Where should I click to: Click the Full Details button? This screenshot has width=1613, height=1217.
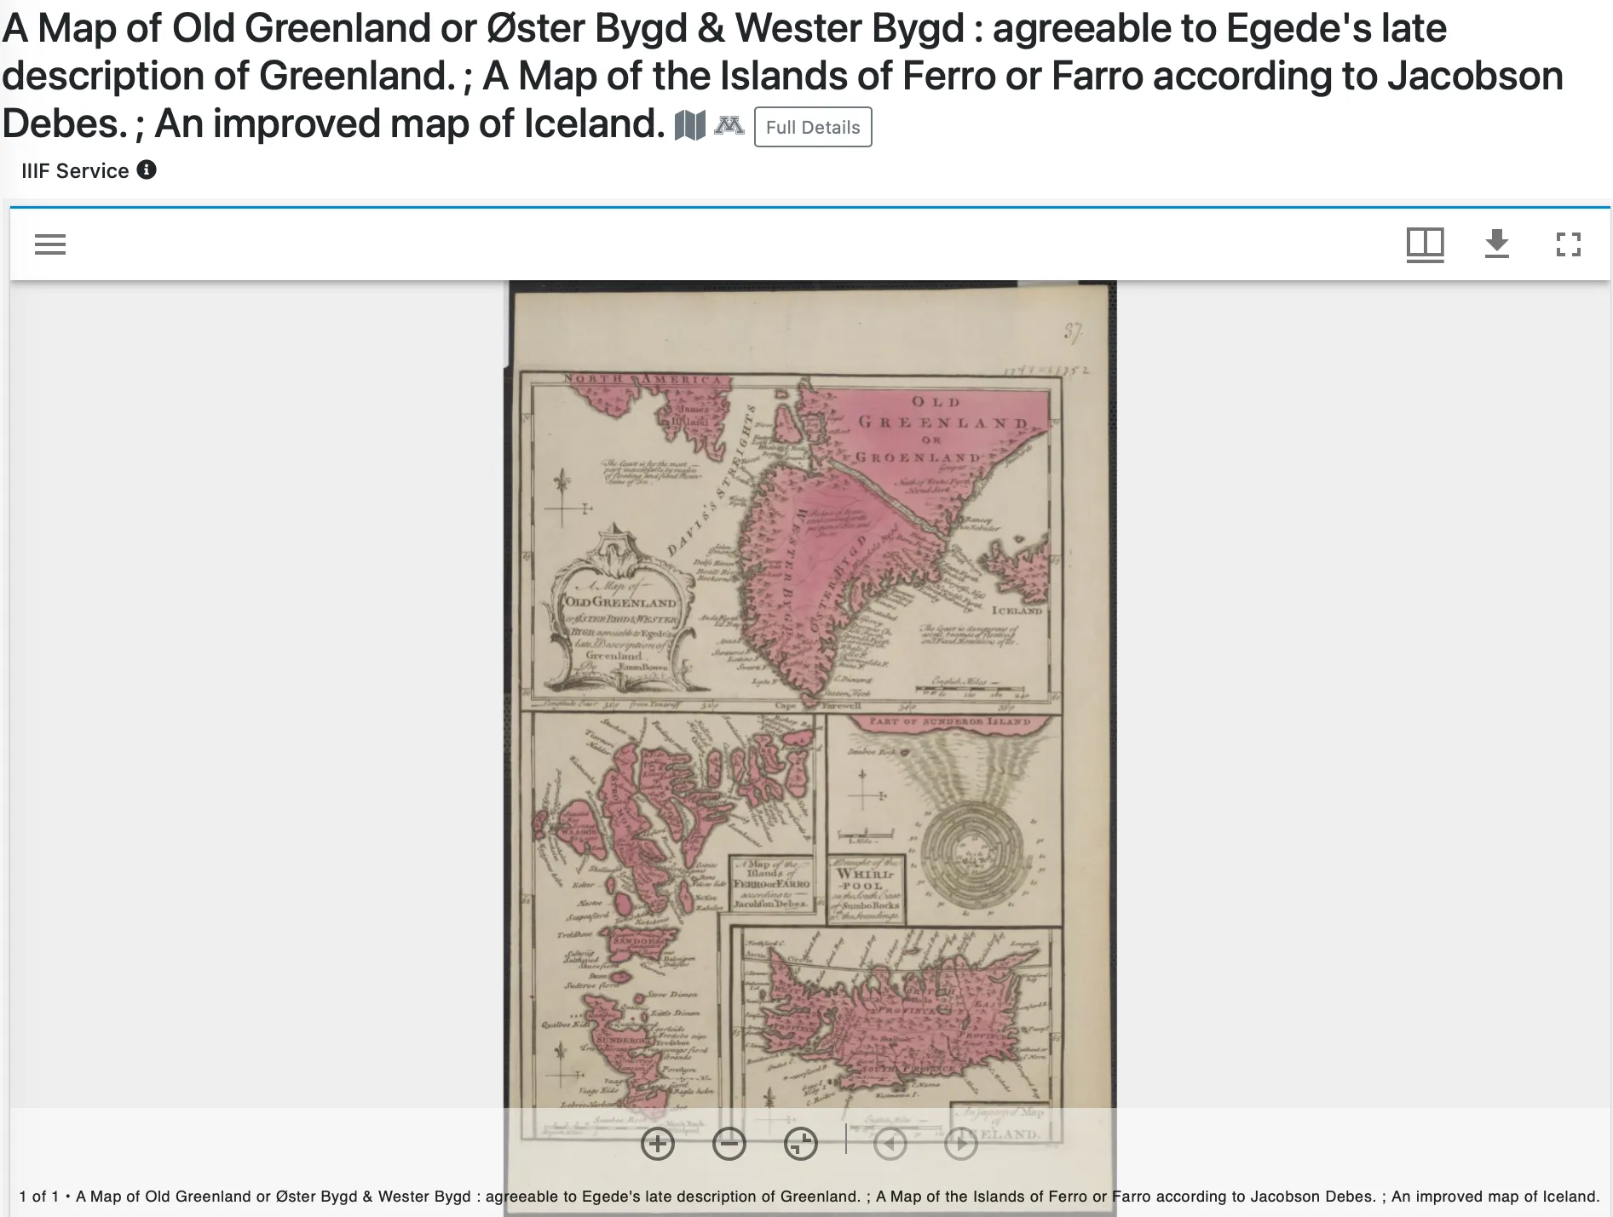coord(812,127)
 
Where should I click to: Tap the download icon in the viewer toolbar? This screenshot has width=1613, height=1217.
coord(1496,244)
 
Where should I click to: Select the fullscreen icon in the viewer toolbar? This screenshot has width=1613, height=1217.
coord(1568,244)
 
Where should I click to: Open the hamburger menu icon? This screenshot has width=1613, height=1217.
coord(50,244)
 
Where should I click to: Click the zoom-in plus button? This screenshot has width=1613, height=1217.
coord(657,1143)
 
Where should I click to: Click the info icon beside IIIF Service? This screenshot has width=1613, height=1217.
coord(147,169)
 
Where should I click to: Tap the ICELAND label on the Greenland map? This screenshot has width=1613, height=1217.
coord(1017,611)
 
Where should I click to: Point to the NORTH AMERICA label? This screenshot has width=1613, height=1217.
coord(643,379)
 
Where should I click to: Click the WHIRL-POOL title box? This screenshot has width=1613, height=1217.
coord(865,890)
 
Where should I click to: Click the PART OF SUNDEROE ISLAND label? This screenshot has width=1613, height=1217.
coord(950,721)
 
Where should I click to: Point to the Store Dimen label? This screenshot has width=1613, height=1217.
coord(672,994)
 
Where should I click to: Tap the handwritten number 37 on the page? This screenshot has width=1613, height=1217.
coord(1073,332)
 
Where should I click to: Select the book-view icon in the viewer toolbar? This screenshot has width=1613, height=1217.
coord(1425,244)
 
